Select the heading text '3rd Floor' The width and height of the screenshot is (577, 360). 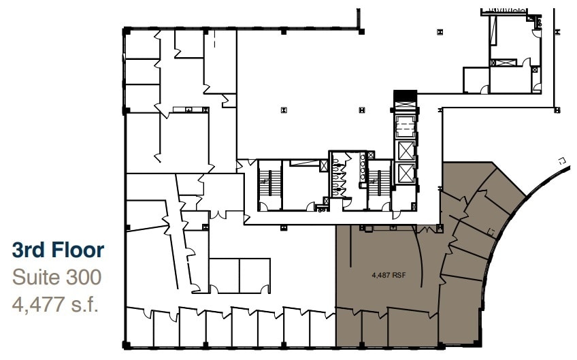pos(59,250)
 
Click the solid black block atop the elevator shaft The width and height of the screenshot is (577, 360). pos(405,96)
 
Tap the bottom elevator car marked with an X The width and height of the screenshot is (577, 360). pos(406,174)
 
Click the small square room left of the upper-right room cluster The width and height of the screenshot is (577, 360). pos(476,80)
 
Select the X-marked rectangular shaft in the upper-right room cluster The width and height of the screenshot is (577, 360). pos(508,63)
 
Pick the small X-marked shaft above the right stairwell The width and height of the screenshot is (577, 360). pos(371,155)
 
